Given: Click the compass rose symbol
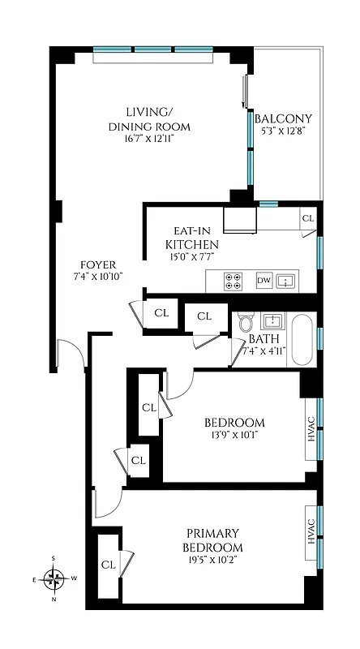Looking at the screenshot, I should (54, 578).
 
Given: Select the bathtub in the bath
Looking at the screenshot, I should (301, 340).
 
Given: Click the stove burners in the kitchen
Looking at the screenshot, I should (234, 281).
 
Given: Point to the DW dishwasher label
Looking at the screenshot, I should (264, 281).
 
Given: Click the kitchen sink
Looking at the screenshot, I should (286, 281).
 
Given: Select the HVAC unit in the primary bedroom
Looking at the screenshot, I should (311, 535).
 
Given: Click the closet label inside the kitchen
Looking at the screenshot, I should (307, 218).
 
